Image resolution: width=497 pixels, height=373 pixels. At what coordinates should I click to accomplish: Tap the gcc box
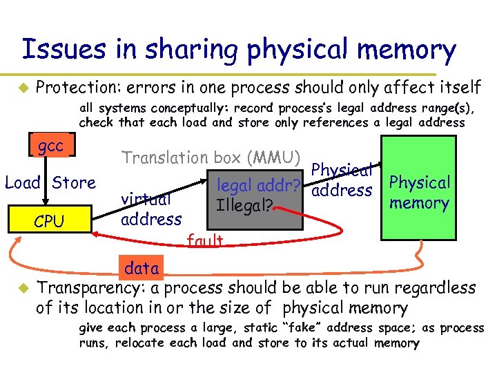click(x=50, y=146)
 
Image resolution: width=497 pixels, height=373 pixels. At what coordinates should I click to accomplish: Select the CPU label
click(x=49, y=222)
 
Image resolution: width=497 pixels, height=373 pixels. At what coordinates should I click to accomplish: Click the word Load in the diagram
click(x=22, y=183)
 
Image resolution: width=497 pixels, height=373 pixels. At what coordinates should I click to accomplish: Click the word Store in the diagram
click(x=74, y=183)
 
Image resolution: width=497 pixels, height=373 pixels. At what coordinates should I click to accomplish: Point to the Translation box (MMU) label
click(x=211, y=157)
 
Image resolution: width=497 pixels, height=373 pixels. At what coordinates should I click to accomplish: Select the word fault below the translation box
click(x=205, y=240)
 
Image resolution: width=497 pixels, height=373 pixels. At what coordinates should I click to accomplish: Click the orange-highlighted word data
click(x=142, y=267)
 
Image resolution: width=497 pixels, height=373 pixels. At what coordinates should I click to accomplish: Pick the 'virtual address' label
click(x=150, y=209)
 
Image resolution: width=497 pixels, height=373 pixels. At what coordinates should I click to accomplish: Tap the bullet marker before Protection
click(x=23, y=88)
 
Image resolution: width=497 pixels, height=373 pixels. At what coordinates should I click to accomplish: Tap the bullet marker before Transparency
click(x=23, y=287)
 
